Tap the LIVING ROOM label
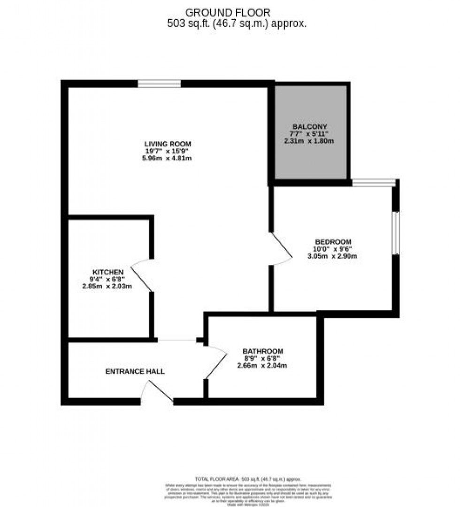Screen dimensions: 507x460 click(168, 144)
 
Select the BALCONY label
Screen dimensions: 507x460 click(309, 127)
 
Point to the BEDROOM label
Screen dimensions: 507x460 click(333, 242)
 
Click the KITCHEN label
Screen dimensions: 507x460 click(107, 272)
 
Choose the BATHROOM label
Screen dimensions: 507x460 click(263, 351)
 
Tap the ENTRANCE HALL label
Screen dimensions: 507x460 click(135, 371)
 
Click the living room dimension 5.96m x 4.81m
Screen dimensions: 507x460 click(168, 158)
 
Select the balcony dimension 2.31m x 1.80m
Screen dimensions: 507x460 click(309, 141)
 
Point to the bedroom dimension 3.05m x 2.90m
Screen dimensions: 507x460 click(333, 256)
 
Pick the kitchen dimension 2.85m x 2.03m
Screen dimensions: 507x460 click(107, 286)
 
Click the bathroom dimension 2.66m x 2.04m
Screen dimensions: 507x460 click(263, 365)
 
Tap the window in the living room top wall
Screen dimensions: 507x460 click(160, 84)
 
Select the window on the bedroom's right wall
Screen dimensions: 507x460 click(395, 233)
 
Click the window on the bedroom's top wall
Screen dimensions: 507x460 click(374, 183)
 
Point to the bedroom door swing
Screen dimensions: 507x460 click(282, 249)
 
